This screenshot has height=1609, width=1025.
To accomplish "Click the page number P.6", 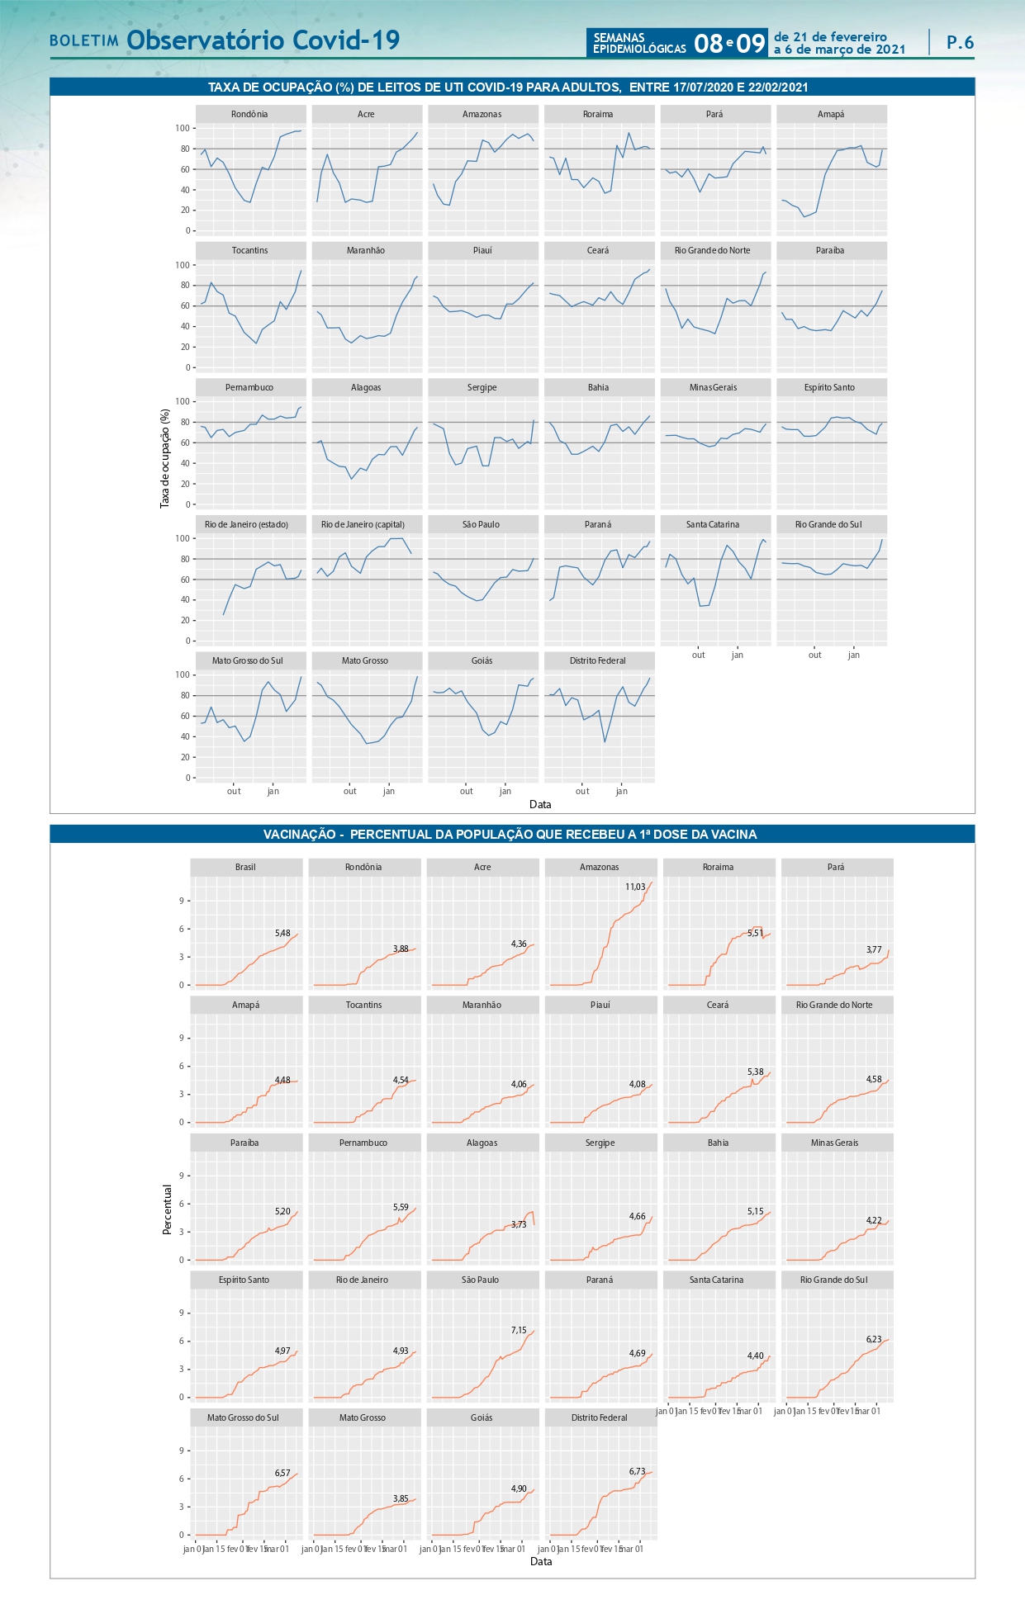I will pos(960,42).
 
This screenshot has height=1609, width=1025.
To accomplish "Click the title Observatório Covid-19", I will pos(263,40).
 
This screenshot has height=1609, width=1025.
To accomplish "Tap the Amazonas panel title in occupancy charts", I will pos(482,114).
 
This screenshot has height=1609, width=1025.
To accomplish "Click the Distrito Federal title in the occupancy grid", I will pos(598,660).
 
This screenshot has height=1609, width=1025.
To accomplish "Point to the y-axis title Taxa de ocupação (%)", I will pos(164,458).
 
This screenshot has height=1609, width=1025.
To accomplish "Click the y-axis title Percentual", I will pos(168,1209).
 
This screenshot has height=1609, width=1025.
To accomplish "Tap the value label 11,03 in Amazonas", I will pos(635,887).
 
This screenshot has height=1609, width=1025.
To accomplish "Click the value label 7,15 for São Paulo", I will pos(519,1330).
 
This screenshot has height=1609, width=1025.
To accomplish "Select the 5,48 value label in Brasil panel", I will pos(282,933).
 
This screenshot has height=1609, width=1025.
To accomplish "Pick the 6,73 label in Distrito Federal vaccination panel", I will pos(637,1471).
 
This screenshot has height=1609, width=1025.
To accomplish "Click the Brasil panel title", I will pos(245,867).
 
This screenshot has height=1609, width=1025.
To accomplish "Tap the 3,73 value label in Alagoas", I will pos(519,1224).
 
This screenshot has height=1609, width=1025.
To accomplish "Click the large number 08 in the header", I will pos(709,43).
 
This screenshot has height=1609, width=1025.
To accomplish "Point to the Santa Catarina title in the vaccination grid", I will pos(717,1280).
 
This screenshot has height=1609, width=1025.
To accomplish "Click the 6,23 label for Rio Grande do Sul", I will pos(874,1339).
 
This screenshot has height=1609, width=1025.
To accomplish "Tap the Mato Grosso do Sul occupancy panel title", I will pos(247,660).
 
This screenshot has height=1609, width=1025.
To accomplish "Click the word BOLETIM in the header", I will pos(84,40).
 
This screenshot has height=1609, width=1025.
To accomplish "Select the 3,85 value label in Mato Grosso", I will pos(401,1498).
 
